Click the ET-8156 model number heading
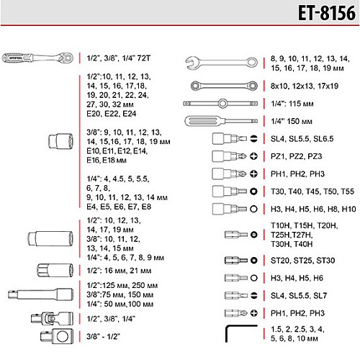tap(327, 13)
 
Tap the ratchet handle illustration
tap(37, 58)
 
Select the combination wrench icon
tap(222, 63)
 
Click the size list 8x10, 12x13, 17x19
tap(305, 86)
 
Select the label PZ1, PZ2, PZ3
tap(296, 156)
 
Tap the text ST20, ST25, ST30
tap(302, 261)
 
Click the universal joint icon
tap(52, 318)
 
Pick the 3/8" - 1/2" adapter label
tap(103, 336)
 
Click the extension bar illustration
tap(40, 294)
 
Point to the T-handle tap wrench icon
tap(220, 104)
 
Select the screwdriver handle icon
tap(221, 121)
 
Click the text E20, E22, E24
tap(112, 114)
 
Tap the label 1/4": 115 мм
tap(292, 104)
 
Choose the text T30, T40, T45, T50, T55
tap(312, 192)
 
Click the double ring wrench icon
tap(224, 86)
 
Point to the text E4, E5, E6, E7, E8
tap(119, 207)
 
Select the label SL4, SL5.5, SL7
tap(299, 295)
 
